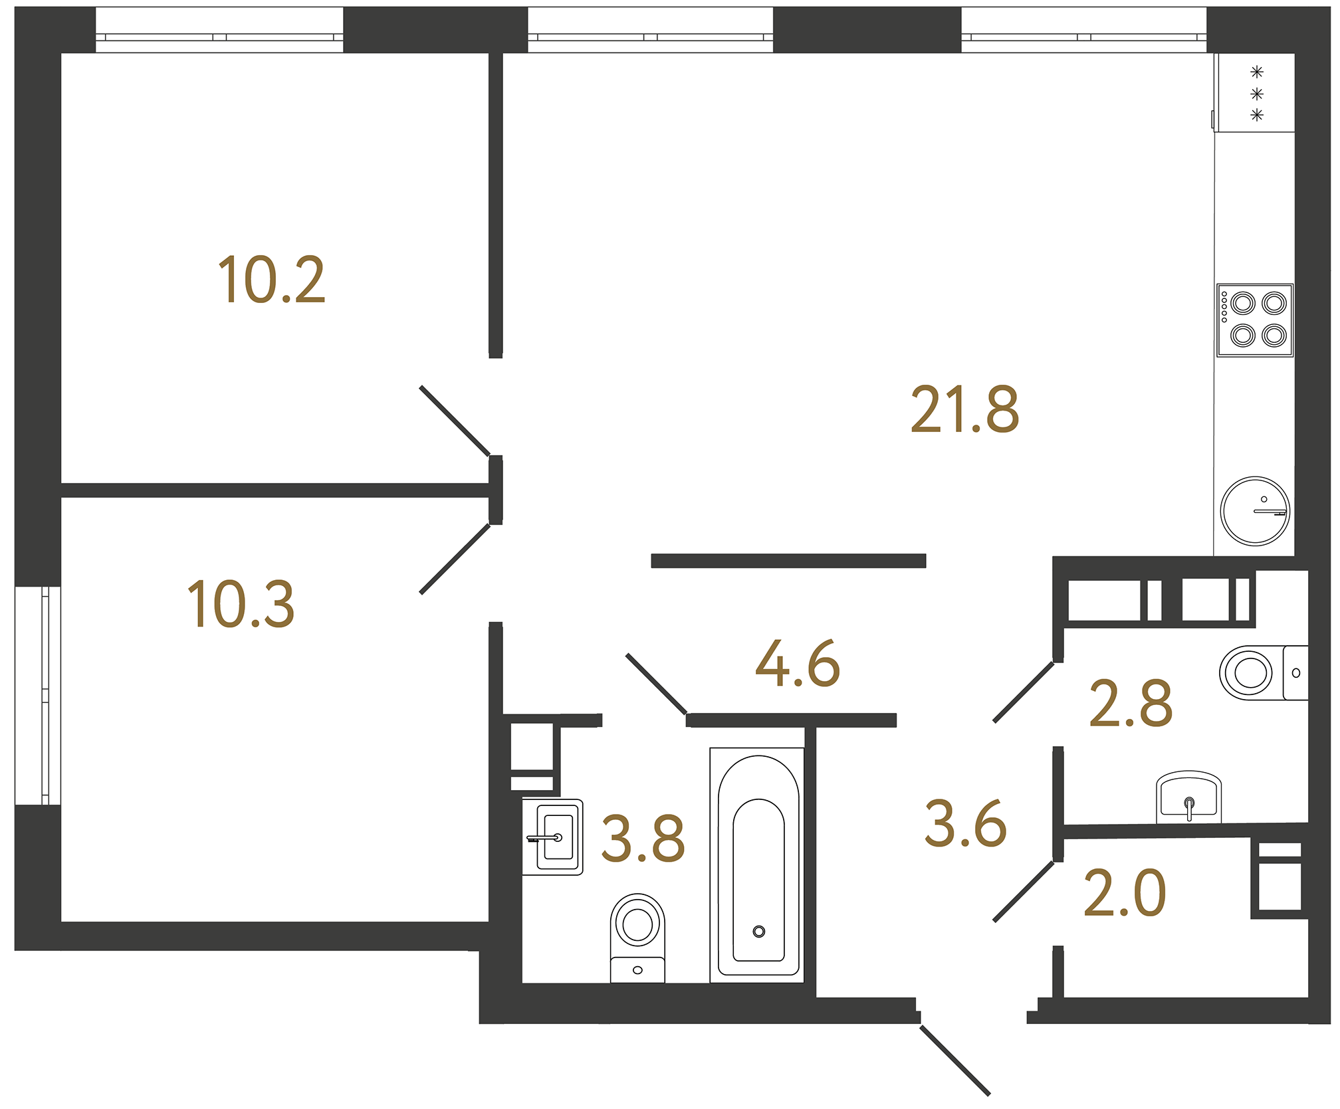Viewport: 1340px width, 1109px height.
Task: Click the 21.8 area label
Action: click(964, 410)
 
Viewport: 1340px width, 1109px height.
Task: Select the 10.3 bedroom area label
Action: click(241, 605)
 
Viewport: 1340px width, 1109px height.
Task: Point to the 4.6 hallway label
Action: click(798, 664)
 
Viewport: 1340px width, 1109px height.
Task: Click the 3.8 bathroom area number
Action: click(642, 839)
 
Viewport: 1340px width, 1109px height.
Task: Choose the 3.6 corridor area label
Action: click(965, 825)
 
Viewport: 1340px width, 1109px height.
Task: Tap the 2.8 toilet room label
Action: click(1131, 704)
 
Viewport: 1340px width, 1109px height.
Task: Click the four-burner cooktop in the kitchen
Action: click(1255, 320)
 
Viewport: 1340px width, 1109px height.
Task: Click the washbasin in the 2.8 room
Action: click(1188, 797)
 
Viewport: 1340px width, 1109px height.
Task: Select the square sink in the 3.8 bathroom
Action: click(553, 837)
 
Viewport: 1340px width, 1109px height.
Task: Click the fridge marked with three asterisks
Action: click(1255, 93)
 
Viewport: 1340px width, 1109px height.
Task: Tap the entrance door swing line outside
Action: click(955, 1060)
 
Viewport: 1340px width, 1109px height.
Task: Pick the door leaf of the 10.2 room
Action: click(455, 421)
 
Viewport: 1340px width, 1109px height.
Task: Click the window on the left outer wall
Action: click(38, 696)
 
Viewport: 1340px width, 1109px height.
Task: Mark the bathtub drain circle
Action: click(758, 932)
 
